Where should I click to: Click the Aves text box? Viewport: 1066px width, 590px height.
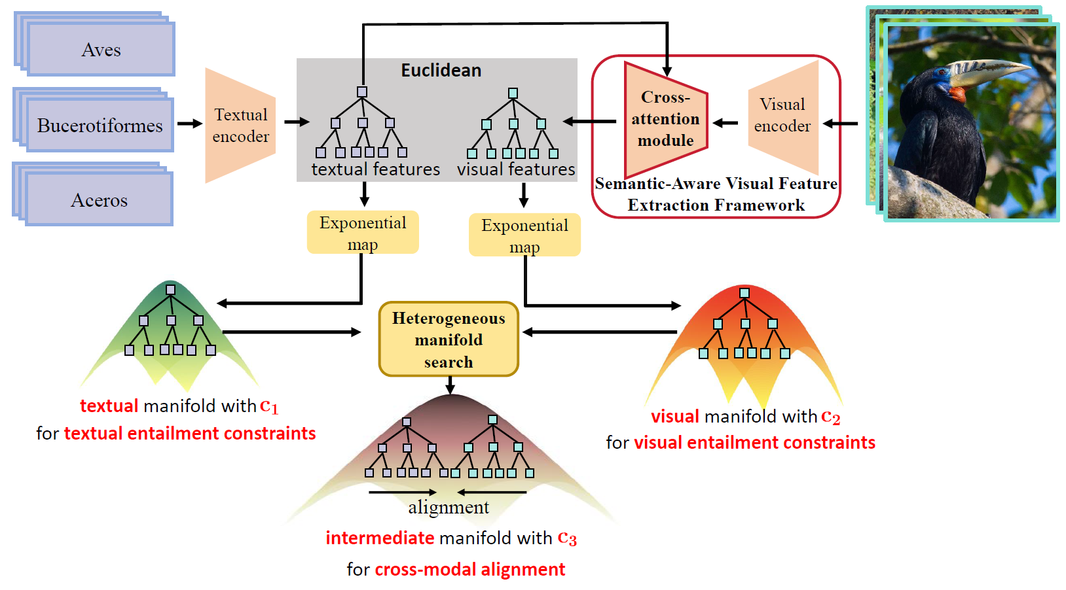(x=101, y=50)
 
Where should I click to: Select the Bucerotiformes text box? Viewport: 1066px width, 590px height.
(x=100, y=125)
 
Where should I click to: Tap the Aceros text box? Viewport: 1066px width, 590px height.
(x=99, y=200)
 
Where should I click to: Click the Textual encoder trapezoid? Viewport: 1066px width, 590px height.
(x=240, y=126)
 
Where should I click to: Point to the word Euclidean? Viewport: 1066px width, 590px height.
(x=441, y=71)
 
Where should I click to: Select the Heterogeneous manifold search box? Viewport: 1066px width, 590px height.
(x=449, y=339)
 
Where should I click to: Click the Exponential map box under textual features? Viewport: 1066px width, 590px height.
(x=363, y=232)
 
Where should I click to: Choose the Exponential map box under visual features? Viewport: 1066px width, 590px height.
(x=524, y=235)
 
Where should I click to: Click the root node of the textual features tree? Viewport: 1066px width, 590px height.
(x=362, y=92)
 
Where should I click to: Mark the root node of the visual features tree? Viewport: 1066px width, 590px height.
(x=513, y=94)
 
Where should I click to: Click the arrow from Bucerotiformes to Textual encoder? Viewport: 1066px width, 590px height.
(x=190, y=124)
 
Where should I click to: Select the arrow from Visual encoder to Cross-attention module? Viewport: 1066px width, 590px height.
(x=726, y=122)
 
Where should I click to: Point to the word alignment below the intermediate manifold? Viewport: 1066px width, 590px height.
(x=449, y=508)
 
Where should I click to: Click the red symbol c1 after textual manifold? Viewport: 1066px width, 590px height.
(x=269, y=406)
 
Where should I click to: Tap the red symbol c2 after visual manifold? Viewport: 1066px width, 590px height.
(x=830, y=417)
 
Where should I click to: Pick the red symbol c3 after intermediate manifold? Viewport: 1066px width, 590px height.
(x=567, y=538)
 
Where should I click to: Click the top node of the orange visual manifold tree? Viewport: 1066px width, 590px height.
(x=744, y=293)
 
